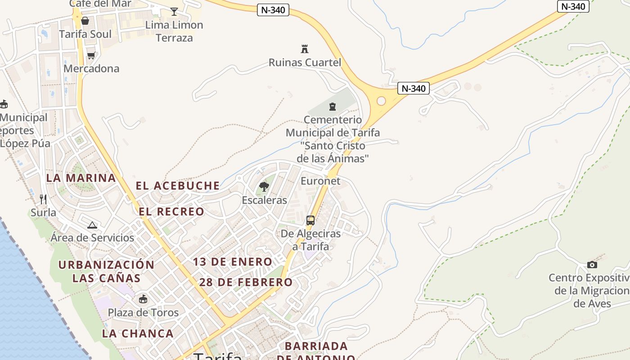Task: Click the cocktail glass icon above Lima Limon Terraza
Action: (x=174, y=12)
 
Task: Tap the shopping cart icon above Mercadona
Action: (x=91, y=55)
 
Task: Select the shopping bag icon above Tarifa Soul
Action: (x=85, y=21)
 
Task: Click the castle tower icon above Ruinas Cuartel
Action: (x=305, y=49)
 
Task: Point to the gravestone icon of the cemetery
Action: (x=333, y=107)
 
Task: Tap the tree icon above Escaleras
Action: (x=264, y=187)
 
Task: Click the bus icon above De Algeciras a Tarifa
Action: (x=310, y=220)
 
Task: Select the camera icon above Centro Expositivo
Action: (x=592, y=265)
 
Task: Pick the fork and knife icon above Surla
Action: (x=43, y=199)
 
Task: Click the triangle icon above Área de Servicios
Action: (x=92, y=225)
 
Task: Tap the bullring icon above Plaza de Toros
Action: (x=143, y=299)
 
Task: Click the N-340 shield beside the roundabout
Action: (x=414, y=88)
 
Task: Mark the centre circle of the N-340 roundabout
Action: (x=381, y=101)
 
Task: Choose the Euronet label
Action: (x=320, y=181)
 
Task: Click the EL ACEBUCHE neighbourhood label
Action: (x=178, y=185)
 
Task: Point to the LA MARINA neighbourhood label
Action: (x=81, y=178)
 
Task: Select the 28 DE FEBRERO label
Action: (x=246, y=282)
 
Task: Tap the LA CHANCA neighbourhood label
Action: (x=138, y=333)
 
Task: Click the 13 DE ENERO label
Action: (x=233, y=261)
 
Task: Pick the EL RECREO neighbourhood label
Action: (x=171, y=211)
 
